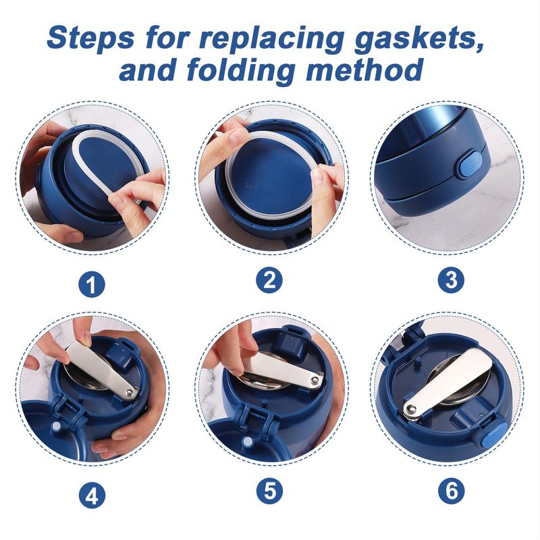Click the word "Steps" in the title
pos(90,38)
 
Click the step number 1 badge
pos(92,285)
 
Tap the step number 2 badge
pos(269,280)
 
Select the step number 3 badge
pos(451,280)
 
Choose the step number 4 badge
pos(92,496)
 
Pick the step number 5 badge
pos(269,491)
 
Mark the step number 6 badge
pos(451,491)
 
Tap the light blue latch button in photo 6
pos(493,435)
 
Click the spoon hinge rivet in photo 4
pos(129,392)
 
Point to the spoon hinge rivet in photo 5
pos(314,381)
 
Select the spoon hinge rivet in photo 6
pos(410,409)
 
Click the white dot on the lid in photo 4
pos(55,427)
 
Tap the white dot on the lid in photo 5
pos(246,441)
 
